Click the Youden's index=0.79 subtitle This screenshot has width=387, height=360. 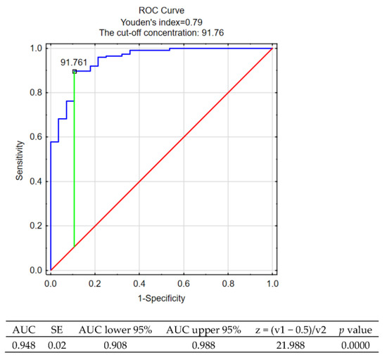[161, 20]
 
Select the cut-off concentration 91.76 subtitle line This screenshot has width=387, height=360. [161, 32]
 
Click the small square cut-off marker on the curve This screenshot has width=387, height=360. [75, 71]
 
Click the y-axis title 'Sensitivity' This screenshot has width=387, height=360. [22, 159]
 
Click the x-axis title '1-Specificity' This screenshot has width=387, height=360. [161, 299]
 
